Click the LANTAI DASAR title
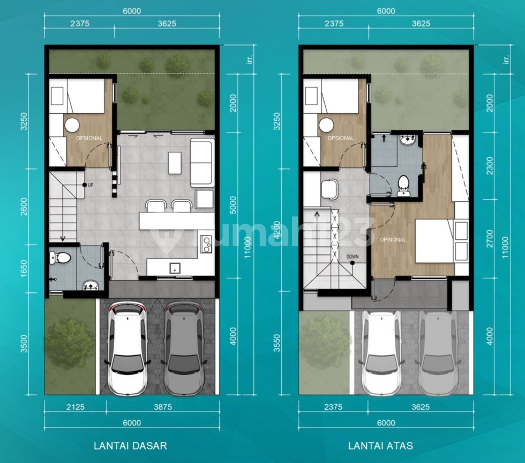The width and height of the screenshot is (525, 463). pyautogui.click(x=130, y=446)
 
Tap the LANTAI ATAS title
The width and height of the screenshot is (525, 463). pyautogui.click(x=381, y=446)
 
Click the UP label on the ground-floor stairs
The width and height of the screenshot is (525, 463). pyautogui.click(x=91, y=185)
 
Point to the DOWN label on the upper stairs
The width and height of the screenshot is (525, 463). pyautogui.click(x=352, y=256)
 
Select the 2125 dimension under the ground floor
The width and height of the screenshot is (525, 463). pyautogui.click(x=76, y=407)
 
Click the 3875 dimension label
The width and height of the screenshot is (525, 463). pyautogui.click(x=163, y=407)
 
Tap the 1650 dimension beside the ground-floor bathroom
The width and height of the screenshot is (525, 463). pyautogui.click(x=24, y=269)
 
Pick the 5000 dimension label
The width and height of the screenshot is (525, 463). pyautogui.click(x=234, y=205)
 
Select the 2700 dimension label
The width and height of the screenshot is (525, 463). pyautogui.click(x=490, y=238)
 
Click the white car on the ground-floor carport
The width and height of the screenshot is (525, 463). pyautogui.click(x=127, y=348)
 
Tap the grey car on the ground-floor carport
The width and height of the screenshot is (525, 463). pyautogui.click(x=183, y=348)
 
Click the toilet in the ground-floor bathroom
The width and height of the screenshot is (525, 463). pyautogui.click(x=60, y=258)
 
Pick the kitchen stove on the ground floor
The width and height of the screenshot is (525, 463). pyautogui.click(x=206, y=244)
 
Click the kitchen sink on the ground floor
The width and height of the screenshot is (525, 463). pyautogui.click(x=175, y=268)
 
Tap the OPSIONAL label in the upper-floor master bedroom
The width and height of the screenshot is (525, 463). pyautogui.click(x=393, y=240)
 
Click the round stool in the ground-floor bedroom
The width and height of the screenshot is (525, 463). pyautogui.click(x=72, y=125)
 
